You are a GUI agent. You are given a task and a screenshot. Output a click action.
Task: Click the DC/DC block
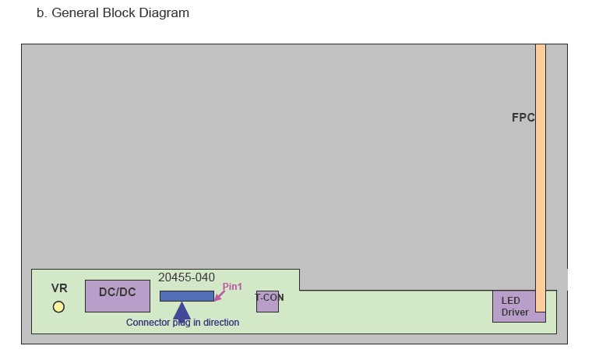click(117, 295)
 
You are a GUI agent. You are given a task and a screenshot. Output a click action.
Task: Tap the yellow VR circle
click(58, 307)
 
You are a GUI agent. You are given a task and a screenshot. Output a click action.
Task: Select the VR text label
click(59, 288)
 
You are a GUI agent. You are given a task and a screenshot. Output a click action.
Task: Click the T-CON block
click(268, 301)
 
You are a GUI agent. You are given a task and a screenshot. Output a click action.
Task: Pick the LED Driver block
click(514, 306)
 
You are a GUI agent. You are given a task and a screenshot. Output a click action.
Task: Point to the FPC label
click(523, 118)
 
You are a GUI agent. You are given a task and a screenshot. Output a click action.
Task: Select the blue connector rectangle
click(186, 296)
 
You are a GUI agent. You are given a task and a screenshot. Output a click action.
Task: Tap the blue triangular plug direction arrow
click(181, 310)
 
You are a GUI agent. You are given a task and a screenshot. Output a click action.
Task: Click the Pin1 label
click(232, 287)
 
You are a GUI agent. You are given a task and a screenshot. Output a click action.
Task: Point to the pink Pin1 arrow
click(219, 294)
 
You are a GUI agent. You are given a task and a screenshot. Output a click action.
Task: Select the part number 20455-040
click(186, 277)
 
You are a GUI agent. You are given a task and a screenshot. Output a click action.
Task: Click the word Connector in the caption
click(148, 323)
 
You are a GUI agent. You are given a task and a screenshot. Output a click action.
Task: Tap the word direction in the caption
click(220, 323)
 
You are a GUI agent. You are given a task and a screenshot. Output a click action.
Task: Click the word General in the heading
click(76, 13)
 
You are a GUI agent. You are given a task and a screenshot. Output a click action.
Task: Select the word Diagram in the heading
click(163, 13)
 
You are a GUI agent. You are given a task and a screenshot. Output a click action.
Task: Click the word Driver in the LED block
click(515, 312)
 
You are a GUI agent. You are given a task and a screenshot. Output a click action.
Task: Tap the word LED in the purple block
click(510, 301)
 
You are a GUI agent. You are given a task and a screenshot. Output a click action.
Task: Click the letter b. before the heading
click(42, 13)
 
